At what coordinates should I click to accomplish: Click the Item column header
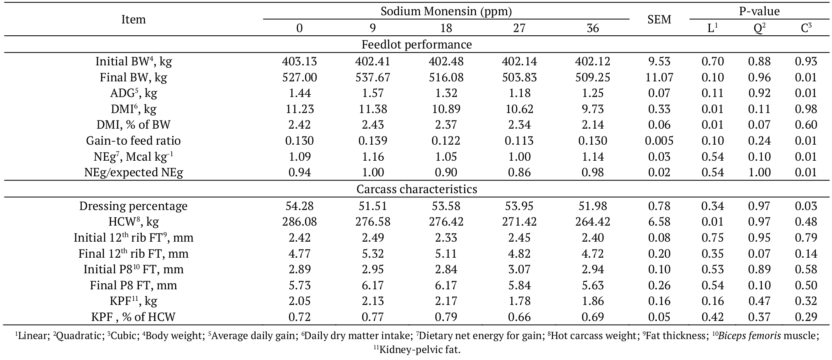click(133, 19)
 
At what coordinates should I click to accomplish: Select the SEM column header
click(659, 19)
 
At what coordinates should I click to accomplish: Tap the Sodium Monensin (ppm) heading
click(446, 11)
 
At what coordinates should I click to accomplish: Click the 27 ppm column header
click(519, 28)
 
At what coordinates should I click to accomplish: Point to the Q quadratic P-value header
click(759, 28)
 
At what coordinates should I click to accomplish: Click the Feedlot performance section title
click(416, 44)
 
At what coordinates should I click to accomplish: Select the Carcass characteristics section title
click(416, 189)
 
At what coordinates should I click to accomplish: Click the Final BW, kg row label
click(133, 77)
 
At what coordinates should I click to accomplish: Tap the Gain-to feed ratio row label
click(133, 141)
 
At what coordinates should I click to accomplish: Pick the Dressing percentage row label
click(133, 206)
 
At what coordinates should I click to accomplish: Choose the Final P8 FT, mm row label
click(133, 285)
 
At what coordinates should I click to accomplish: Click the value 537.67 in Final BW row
click(372, 77)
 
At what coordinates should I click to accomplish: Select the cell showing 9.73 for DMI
click(592, 109)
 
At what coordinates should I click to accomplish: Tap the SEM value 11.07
click(659, 77)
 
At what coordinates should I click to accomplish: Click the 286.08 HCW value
click(299, 222)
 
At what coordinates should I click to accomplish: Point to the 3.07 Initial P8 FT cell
click(519, 270)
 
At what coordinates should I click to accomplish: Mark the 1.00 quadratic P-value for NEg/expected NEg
click(759, 172)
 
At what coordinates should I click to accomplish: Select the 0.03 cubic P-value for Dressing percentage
click(805, 206)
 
